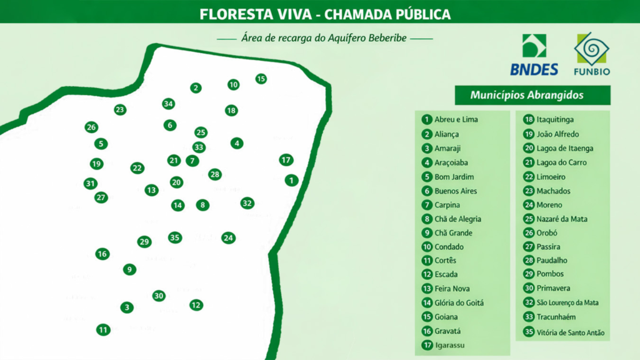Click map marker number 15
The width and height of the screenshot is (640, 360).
pyautogui.click(x=261, y=79)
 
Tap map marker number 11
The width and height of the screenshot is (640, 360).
pyautogui.click(x=102, y=329)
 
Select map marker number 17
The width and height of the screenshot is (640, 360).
pyautogui.click(x=286, y=160)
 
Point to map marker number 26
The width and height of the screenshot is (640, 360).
pyautogui.click(x=91, y=127)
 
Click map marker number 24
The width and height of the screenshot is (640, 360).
pyautogui.click(x=228, y=237)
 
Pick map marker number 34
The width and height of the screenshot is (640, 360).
pyautogui.click(x=168, y=104)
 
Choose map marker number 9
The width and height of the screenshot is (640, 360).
pyautogui.click(x=129, y=269)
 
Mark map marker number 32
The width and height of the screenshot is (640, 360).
pyautogui.click(x=247, y=203)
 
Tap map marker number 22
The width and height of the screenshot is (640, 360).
pyautogui.click(x=137, y=168)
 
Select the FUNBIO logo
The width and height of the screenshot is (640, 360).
pyautogui.click(x=592, y=54)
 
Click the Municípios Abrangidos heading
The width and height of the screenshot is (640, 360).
pyautogui.click(x=531, y=96)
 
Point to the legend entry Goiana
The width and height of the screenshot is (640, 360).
pyautogui.click(x=446, y=317)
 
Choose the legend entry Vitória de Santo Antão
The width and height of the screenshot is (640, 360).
pyautogui.click(x=570, y=332)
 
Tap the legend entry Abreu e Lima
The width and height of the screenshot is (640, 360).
pyautogui.click(x=456, y=119)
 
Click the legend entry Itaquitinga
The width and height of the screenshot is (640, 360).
pyautogui.click(x=555, y=119)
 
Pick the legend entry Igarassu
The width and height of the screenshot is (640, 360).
pyautogui.click(x=449, y=345)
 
